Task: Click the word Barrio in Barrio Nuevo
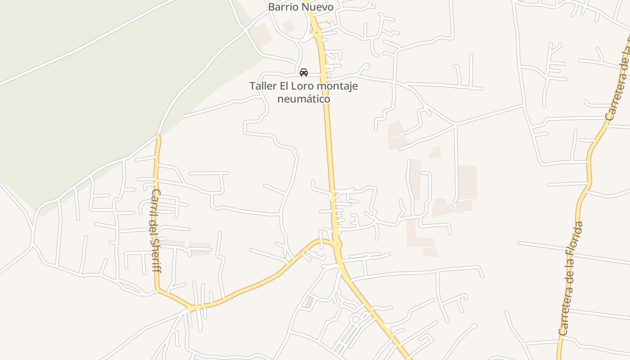click(283, 7)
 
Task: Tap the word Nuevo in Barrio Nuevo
click(318, 7)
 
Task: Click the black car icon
click(304, 72)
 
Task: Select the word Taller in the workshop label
click(263, 86)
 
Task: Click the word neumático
click(304, 99)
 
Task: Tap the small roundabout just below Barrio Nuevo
click(317, 32)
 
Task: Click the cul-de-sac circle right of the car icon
click(366, 67)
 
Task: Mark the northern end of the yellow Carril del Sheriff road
click(158, 135)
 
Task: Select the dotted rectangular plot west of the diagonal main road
click(308, 302)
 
